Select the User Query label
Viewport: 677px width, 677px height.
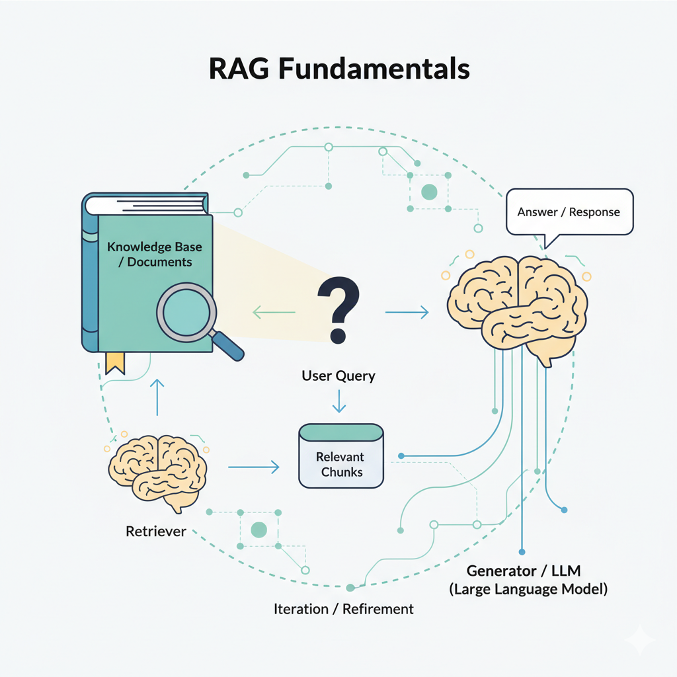[x=338, y=376]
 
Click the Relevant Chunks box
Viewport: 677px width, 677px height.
[x=340, y=456]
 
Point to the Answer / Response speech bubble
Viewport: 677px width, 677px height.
[x=569, y=212]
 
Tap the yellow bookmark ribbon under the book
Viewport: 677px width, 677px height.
[x=115, y=363]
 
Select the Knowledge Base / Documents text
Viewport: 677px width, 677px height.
[x=155, y=255]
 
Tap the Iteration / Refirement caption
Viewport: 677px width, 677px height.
[x=343, y=609]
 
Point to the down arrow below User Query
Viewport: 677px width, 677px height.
[x=339, y=401]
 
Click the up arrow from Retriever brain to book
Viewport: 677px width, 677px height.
[x=157, y=397]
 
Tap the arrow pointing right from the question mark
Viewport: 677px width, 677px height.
[x=406, y=310]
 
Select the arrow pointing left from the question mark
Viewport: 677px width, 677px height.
[x=274, y=310]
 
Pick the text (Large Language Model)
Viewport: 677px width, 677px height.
[x=528, y=588]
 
